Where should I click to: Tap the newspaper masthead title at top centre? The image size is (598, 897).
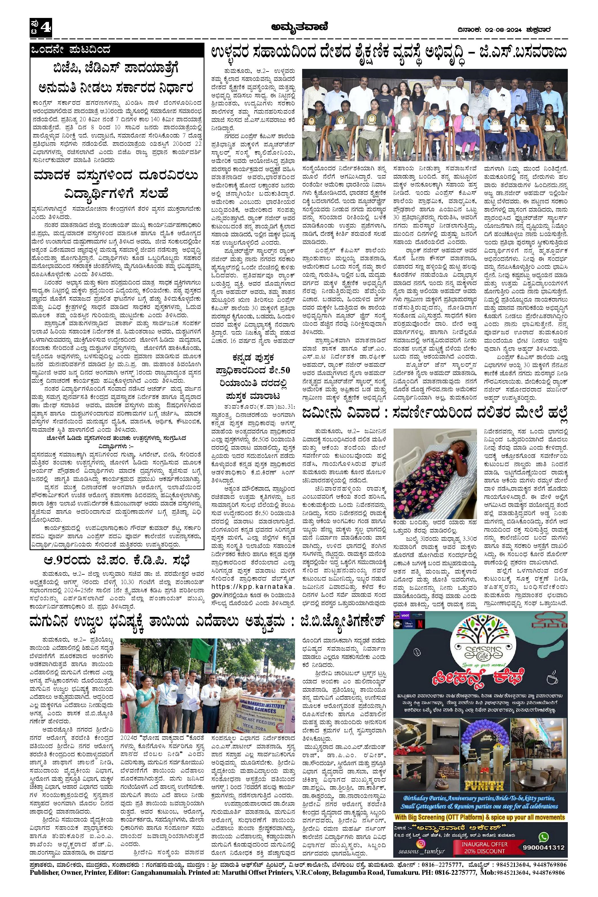point(299,27)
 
